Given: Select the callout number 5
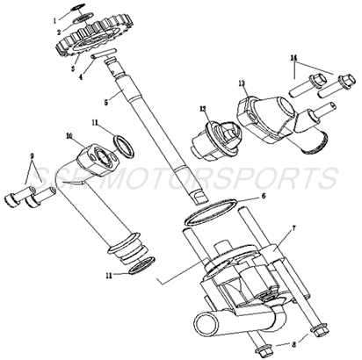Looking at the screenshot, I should (106, 102).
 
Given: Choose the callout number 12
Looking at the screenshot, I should (203, 111).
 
